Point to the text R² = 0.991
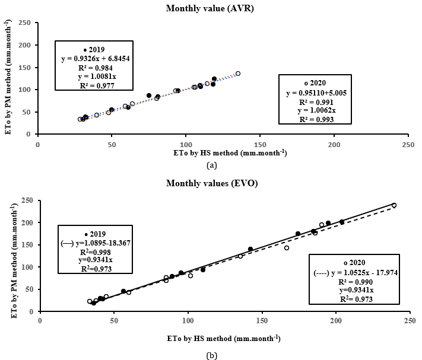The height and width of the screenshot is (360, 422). coord(316,101)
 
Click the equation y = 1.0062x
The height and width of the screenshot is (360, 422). coord(316,110)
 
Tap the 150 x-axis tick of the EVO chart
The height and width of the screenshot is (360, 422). coord(261,321)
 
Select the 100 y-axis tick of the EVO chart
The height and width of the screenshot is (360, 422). coord(28,267)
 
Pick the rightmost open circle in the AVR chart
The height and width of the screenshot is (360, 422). coord(238,74)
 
